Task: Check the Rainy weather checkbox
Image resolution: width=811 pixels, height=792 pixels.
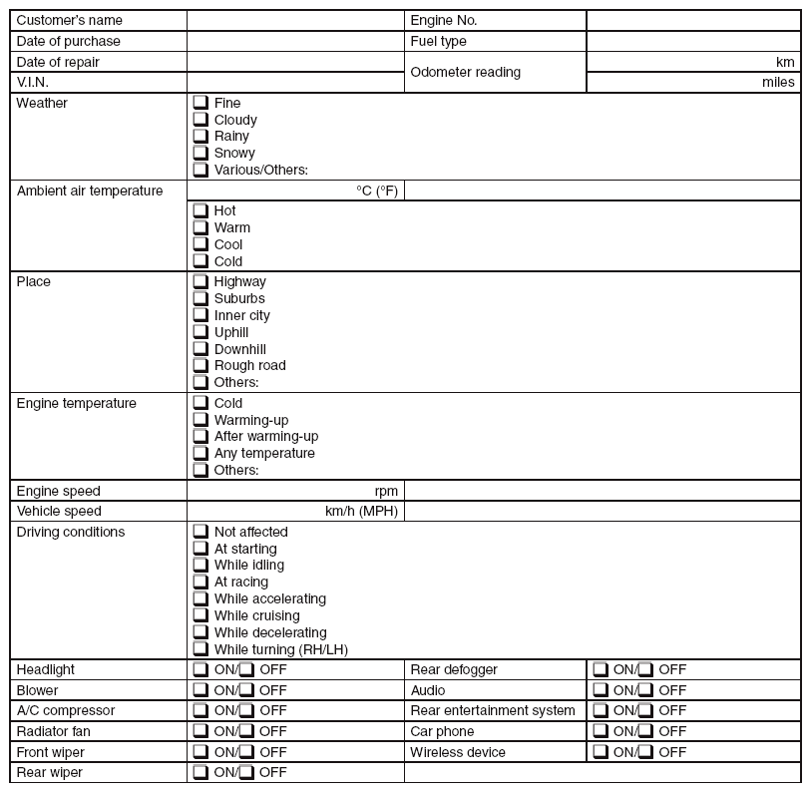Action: coord(201,136)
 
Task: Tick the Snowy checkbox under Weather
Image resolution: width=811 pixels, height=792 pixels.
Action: coord(201,153)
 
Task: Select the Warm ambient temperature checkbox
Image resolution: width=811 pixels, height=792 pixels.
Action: coord(201,227)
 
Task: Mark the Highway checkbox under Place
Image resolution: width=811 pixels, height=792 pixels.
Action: coord(201,281)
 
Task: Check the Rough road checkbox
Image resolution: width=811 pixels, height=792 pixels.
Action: coord(201,365)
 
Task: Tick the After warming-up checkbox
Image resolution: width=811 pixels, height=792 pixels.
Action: coord(201,436)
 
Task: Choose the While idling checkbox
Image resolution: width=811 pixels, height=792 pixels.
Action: coord(201,565)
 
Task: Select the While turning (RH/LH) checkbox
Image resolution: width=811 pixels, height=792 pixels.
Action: coord(201,649)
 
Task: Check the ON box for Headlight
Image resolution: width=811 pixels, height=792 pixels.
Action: coord(201,669)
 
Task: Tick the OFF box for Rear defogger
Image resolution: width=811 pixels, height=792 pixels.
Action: coord(646,669)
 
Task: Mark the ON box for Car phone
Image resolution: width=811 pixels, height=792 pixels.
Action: coord(601,731)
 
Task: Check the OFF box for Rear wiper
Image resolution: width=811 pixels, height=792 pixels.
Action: coord(246,772)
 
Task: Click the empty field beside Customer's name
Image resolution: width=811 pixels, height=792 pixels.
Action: coord(295,20)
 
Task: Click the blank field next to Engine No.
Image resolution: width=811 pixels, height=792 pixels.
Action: coord(693,20)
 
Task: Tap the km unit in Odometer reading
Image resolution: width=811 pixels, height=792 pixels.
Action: coord(785,62)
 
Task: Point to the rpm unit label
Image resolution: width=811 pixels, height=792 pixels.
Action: coord(386,491)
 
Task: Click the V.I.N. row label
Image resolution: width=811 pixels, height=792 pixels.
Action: coord(33,82)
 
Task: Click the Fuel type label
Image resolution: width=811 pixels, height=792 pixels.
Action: coord(438,41)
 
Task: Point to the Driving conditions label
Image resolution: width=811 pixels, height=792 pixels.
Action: coord(71,532)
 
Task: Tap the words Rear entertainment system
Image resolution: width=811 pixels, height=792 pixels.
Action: coord(493,710)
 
